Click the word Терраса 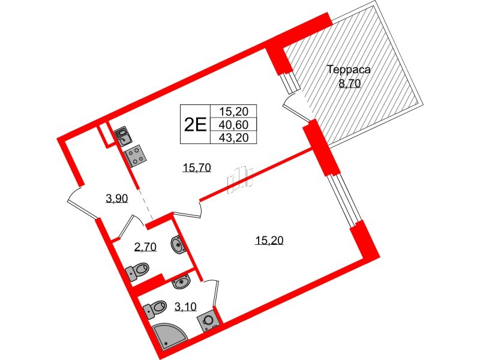tap(349, 70)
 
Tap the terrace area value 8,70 tap(349, 84)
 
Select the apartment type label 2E tap(195, 124)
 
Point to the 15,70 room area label tap(196, 169)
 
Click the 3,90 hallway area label tap(116, 199)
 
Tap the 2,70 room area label tap(145, 247)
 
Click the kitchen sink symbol tap(122, 136)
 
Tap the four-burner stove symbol tap(136, 157)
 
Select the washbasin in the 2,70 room tap(179, 244)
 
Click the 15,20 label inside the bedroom tap(268, 241)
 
